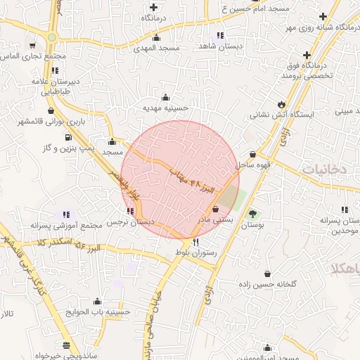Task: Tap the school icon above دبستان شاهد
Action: [x=220, y=34]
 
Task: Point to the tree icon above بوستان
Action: [x=252, y=214]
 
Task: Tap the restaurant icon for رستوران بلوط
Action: [x=186, y=241]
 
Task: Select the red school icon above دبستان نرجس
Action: [x=129, y=210]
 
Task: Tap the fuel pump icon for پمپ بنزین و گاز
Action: [x=67, y=137]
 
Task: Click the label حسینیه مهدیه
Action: [x=164, y=108]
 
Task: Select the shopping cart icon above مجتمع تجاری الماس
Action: [x=32, y=45]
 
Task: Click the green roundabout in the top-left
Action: [x=51, y=37]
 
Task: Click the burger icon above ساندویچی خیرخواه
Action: [x=66, y=345]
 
